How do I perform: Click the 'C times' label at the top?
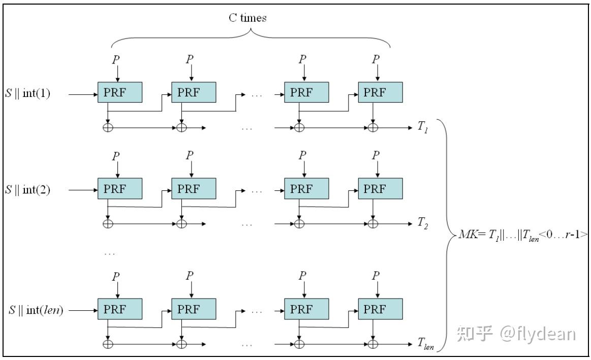[247, 18]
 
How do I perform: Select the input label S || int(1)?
[28, 94]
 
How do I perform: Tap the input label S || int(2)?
[28, 190]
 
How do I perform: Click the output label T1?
[423, 127]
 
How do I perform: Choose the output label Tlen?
[426, 344]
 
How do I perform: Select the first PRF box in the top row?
[120, 92]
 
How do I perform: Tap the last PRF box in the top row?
[380, 92]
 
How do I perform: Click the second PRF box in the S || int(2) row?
[194, 189]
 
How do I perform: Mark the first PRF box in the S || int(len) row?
[120, 309]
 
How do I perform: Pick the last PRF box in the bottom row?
[380, 309]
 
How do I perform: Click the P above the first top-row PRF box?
[117, 60]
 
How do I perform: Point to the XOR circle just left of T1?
[374, 127]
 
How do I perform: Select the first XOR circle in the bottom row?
[108, 344]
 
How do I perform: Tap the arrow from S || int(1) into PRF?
[82, 94]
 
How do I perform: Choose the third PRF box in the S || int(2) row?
[306, 189]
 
